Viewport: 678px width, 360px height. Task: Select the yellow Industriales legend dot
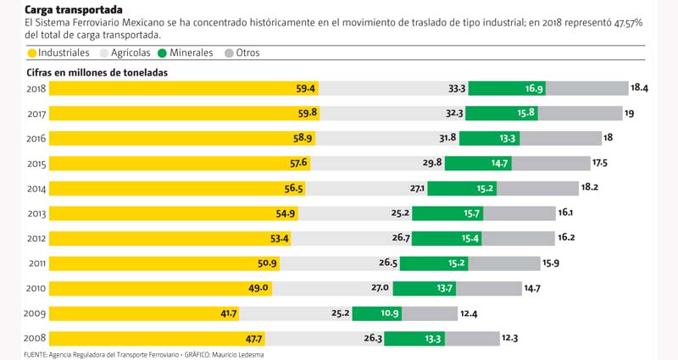(x=32, y=53)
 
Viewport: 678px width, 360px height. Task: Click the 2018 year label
(x=36, y=88)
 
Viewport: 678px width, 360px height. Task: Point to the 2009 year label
(x=36, y=314)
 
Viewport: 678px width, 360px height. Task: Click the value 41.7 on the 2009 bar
(x=228, y=314)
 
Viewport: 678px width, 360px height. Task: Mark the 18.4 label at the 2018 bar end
(x=639, y=88)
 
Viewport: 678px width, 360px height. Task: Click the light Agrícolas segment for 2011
(x=339, y=263)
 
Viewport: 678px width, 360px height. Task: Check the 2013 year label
(x=36, y=213)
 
